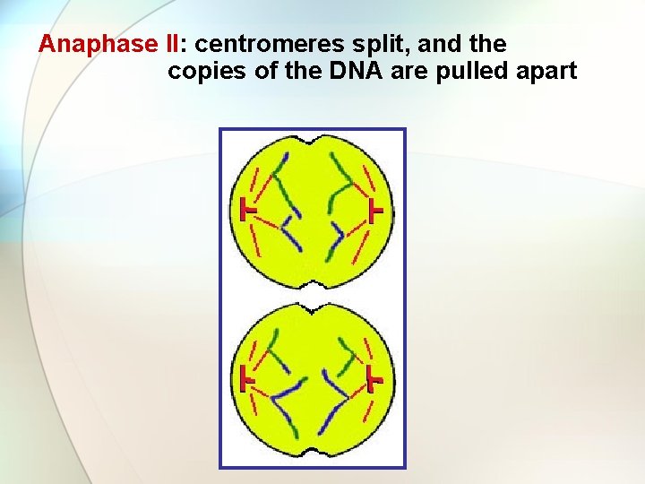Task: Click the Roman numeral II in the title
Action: (x=169, y=44)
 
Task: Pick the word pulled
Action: (x=472, y=71)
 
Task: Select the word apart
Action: (x=545, y=71)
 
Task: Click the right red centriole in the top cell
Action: (x=376, y=212)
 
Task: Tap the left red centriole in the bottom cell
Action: (x=247, y=378)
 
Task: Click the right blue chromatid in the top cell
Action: (x=337, y=235)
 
